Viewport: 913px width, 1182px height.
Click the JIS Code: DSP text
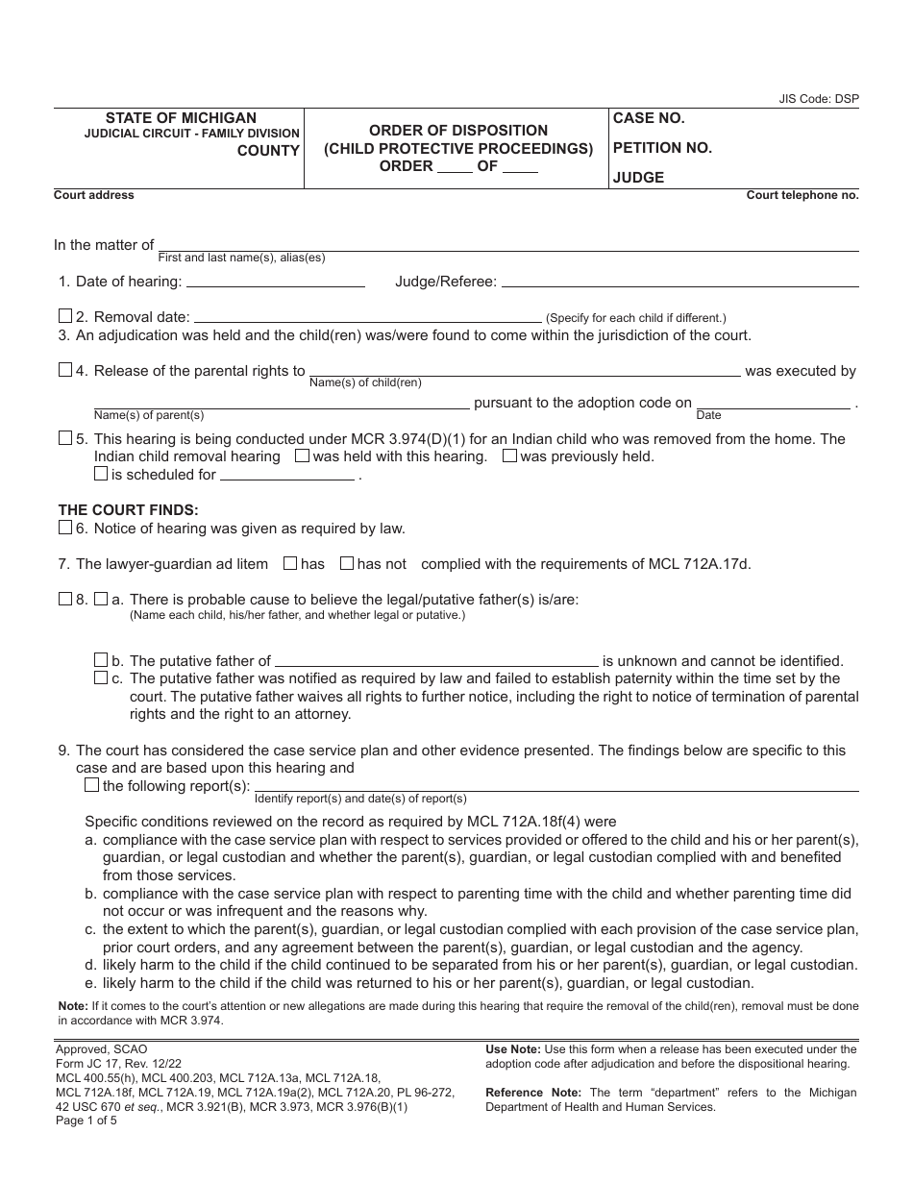[819, 99]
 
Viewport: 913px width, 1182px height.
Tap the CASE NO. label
[649, 118]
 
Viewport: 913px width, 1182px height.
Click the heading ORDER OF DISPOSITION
[458, 130]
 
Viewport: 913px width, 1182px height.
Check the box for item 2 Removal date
[65, 316]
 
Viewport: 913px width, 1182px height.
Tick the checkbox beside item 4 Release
[65, 370]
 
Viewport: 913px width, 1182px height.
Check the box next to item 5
[65, 438]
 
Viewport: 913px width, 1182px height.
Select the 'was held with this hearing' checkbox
[302, 456]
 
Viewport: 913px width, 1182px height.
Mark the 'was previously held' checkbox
[509, 456]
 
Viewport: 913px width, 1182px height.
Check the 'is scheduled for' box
[101, 473]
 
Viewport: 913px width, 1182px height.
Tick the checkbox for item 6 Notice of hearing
[65, 527]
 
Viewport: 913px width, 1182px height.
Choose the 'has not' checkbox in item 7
[347, 563]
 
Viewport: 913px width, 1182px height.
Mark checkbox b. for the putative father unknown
[101, 660]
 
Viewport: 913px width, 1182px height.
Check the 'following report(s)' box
[92, 785]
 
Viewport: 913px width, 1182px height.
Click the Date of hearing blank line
[275, 283]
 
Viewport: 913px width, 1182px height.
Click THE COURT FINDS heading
[128, 510]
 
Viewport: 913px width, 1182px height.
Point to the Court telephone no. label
[802, 195]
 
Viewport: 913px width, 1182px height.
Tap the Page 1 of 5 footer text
[86, 1120]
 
